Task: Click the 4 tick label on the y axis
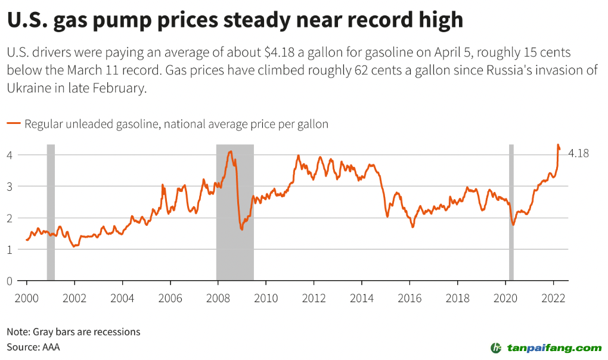point(10,155)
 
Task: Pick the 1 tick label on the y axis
point(10,249)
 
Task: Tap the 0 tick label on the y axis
point(10,280)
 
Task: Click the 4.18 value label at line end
point(578,153)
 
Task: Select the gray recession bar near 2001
point(51,212)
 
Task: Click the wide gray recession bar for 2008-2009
point(235,212)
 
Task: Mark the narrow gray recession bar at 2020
point(511,212)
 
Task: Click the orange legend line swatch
point(14,124)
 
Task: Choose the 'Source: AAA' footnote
point(33,346)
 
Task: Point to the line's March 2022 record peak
point(558,145)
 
